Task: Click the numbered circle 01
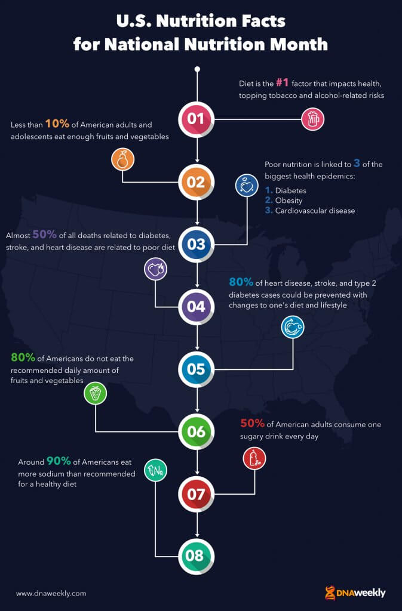(x=197, y=119)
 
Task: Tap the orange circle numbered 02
(x=197, y=182)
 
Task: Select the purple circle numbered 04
(x=197, y=307)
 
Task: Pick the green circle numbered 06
(x=197, y=431)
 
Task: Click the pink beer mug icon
(x=311, y=119)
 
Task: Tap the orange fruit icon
(x=123, y=159)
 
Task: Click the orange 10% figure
(x=57, y=124)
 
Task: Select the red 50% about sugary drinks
(x=252, y=424)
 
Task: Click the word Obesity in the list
(x=289, y=200)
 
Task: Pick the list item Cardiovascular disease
(x=315, y=211)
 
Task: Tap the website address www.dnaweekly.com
(x=51, y=593)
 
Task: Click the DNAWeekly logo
(x=355, y=593)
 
